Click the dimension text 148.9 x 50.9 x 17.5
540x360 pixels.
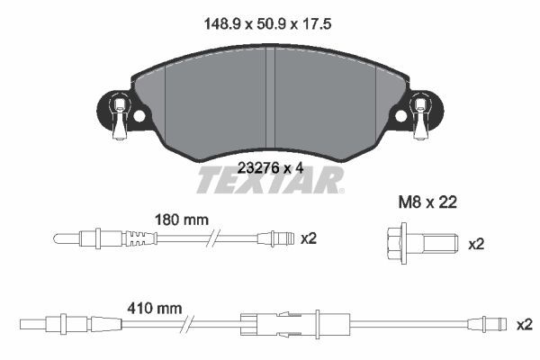(267, 24)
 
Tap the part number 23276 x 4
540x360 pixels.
(271, 168)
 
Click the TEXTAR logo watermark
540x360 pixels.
(270, 180)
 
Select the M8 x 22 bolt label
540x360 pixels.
(427, 202)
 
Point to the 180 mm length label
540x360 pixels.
(182, 220)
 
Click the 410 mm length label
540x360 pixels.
(155, 309)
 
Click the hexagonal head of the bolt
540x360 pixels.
(396, 243)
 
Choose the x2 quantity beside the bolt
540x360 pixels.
(476, 244)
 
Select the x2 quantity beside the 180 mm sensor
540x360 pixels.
(309, 238)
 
